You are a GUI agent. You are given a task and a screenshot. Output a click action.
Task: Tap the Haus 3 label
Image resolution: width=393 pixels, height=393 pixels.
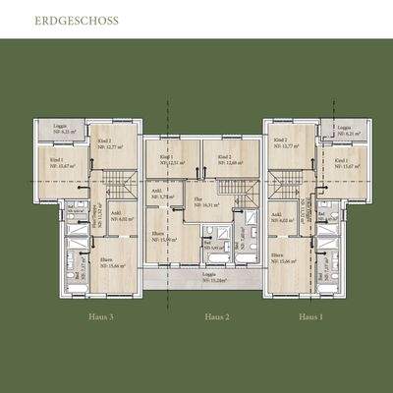tap(99, 316)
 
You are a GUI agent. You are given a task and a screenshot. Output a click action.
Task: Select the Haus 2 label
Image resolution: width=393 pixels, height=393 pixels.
tap(216, 316)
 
